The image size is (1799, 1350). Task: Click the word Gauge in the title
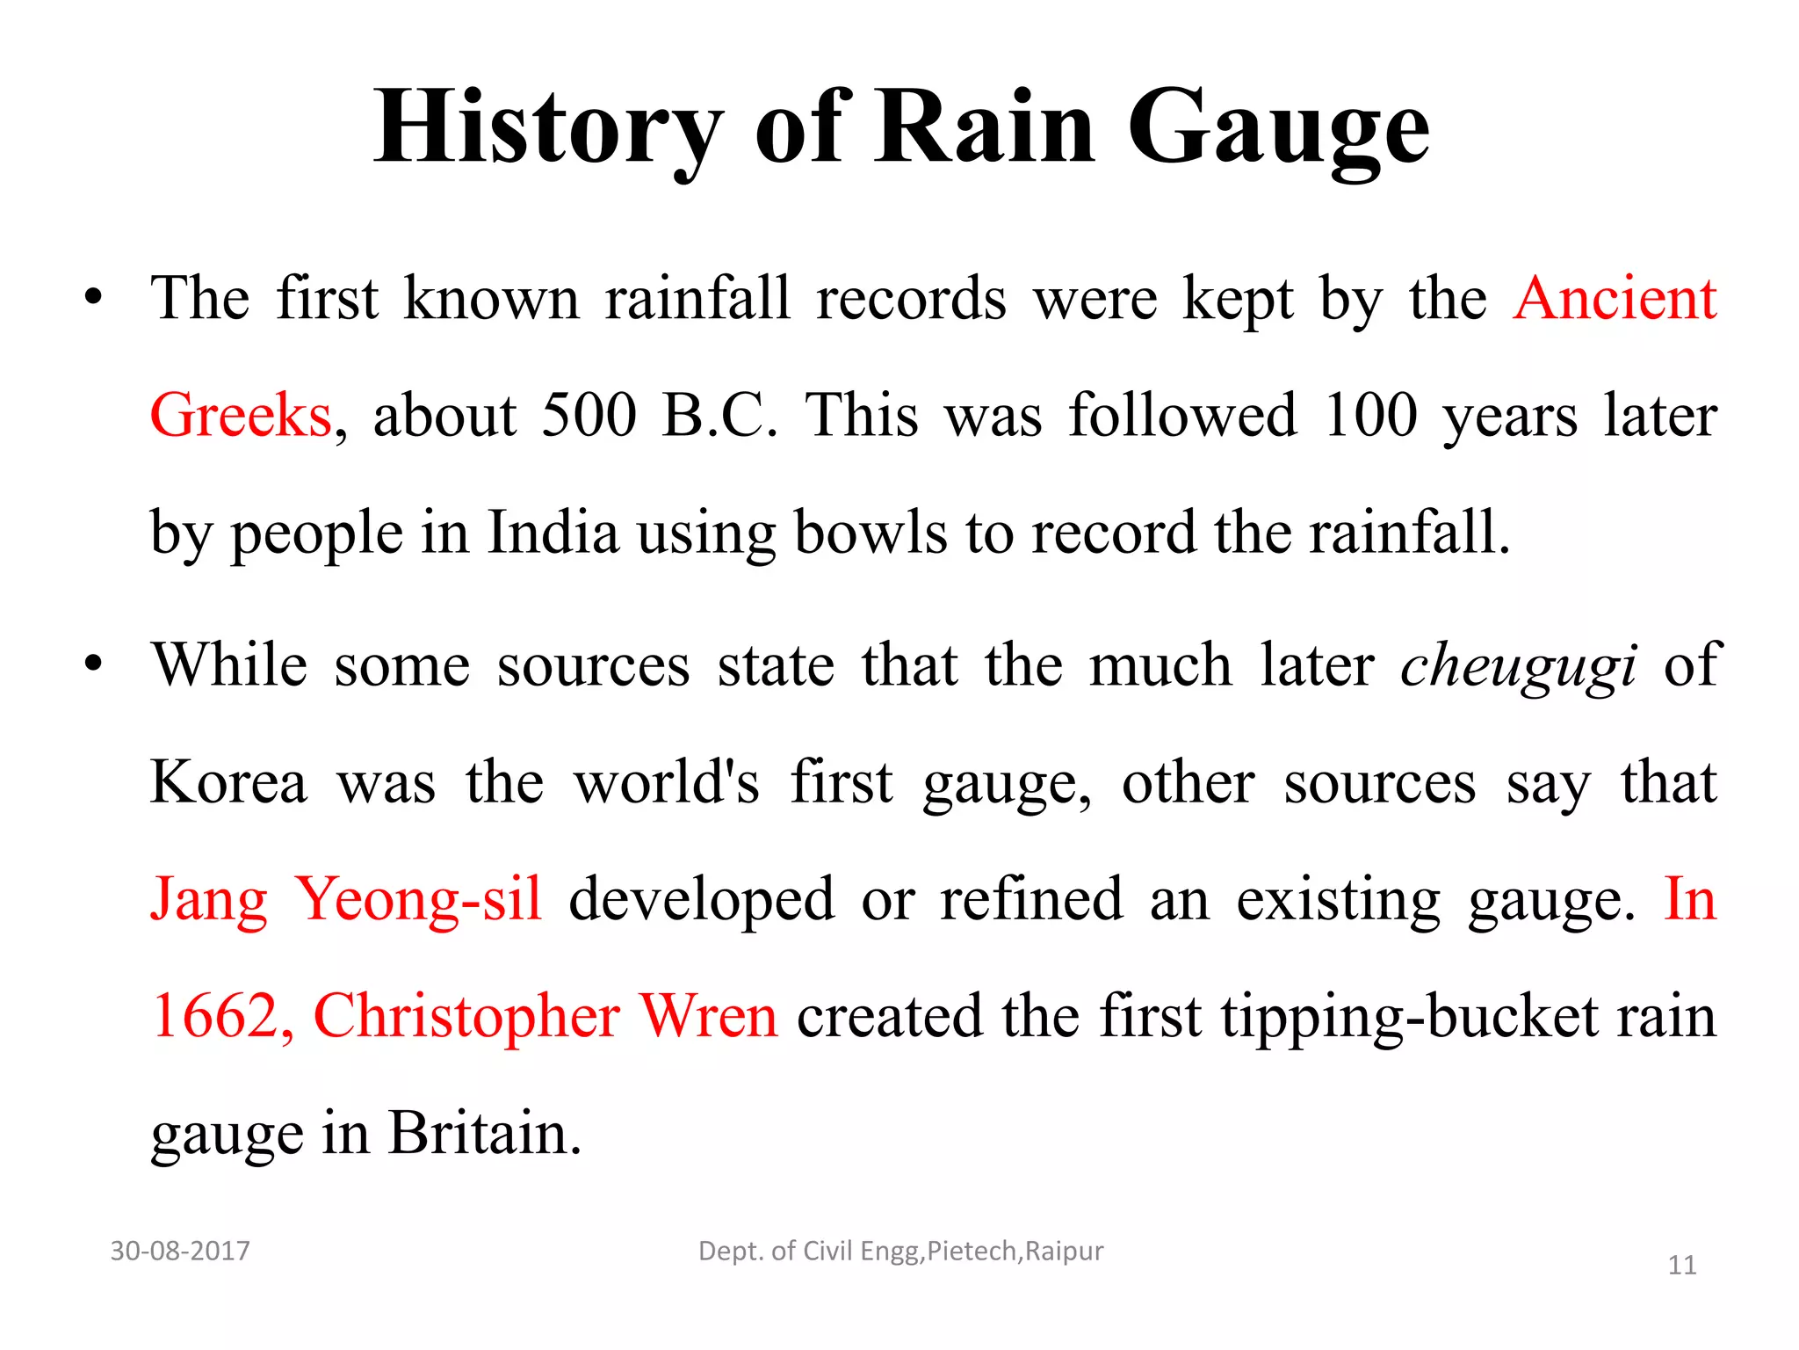pyautogui.click(x=1278, y=130)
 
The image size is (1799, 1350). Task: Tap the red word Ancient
pyautogui.click(x=1615, y=299)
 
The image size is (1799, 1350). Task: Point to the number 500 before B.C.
pyautogui.click(x=589, y=416)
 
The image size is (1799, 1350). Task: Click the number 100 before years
pyautogui.click(x=1369, y=416)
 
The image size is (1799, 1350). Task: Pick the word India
pyautogui.click(x=553, y=533)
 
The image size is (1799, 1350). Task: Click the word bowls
pyautogui.click(x=870, y=533)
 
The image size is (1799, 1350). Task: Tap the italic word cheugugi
pyautogui.click(x=1519, y=666)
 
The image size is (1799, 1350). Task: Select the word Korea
pyautogui.click(x=229, y=782)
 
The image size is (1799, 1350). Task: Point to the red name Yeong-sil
pyautogui.click(x=418, y=900)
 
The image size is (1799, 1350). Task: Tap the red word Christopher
pyautogui.click(x=466, y=1017)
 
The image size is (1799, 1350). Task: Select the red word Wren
pyautogui.click(x=708, y=1017)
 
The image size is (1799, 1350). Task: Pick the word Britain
pyautogui.click(x=485, y=1134)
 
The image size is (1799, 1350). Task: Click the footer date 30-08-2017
pyautogui.click(x=180, y=1251)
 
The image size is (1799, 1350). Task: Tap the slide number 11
pyautogui.click(x=1681, y=1266)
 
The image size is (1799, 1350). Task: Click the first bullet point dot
pyautogui.click(x=93, y=300)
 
